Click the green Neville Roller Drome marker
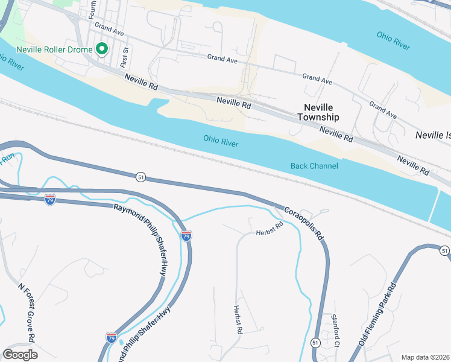click(102, 49)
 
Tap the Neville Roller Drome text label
click(55, 49)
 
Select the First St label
click(125, 57)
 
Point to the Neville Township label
click(318, 112)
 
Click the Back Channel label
click(314, 166)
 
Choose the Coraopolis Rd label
click(304, 223)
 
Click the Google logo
click(20, 355)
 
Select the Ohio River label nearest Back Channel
click(221, 141)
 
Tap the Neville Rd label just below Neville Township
click(336, 133)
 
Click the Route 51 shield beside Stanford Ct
click(315, 342)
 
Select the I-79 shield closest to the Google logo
click(112, 337)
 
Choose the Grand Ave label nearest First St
click(109, 28)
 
